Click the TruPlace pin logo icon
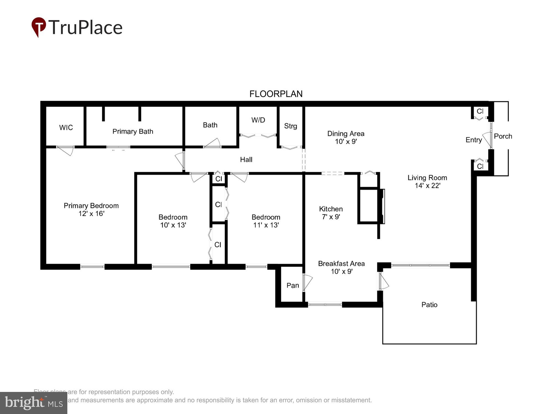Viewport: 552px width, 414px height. (39, 27)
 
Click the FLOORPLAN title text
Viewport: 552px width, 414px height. (276, 94)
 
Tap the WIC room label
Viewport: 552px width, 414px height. (66, 128)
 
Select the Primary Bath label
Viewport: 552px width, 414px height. (133, 131)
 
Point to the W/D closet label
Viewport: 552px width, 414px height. (258, 120)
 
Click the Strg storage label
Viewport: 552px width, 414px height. (290, 126)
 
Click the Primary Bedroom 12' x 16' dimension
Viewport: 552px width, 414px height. (91, 214)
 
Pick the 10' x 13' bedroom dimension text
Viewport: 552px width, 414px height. (173, 225)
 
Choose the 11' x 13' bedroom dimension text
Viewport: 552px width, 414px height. (266, 225)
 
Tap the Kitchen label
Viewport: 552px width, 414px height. (331, 209)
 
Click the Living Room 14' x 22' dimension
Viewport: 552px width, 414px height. (427, 186)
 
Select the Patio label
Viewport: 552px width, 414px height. (429, 305)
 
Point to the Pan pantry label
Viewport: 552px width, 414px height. (293, 285)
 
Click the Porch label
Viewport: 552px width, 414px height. (503, 136)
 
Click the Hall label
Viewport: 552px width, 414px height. (246, 160)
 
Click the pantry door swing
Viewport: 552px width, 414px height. (307, 282)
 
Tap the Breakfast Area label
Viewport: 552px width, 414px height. (341, 264)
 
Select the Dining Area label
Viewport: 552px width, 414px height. (346, 134)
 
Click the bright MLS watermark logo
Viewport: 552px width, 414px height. (34, 403)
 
